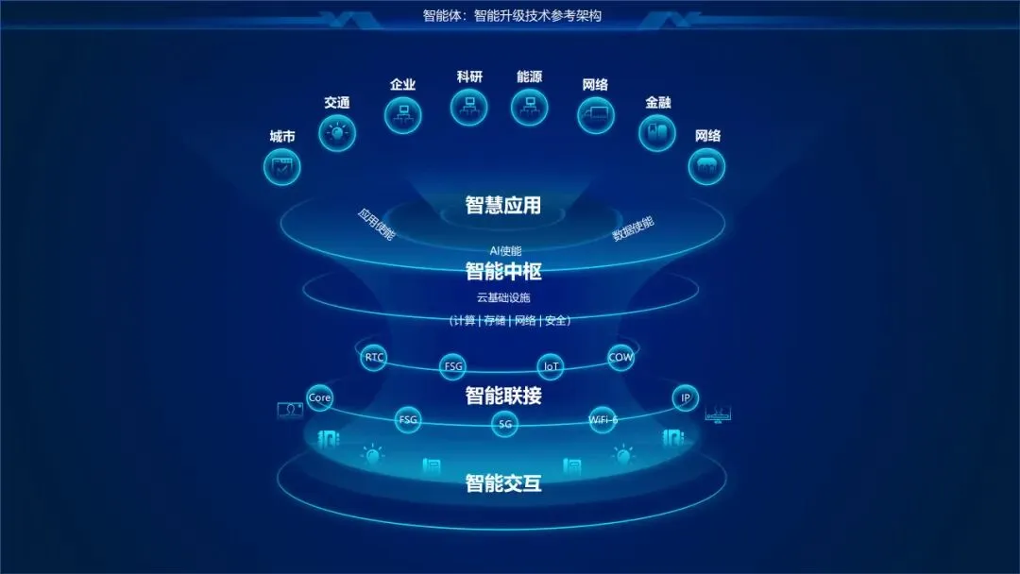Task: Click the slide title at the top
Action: (x=511, y=16)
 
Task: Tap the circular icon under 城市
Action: (x=281, y=167)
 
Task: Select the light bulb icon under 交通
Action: (x=337, y=133)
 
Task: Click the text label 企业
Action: (x=403, y=85)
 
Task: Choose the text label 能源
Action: (x=529, y=77)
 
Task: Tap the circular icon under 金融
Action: (x=657, y=132)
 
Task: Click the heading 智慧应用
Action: (x=502, y=205)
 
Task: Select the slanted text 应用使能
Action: (x=376, y=224)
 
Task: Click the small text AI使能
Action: (x=505, y=251)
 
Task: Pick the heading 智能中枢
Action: (x=502, y=272)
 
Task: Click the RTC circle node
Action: (x=375, y=358)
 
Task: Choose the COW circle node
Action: (x=620, y=358)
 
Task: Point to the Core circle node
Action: (x=320, y=397)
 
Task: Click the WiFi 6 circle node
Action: (x=603, y=419)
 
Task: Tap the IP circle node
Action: (x=686, y=397)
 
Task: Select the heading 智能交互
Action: (x=502, y=484)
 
